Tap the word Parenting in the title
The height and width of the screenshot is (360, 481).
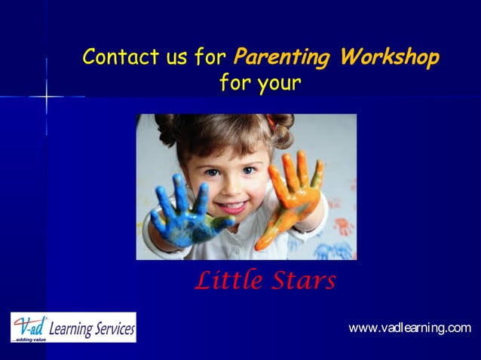click(281, 57)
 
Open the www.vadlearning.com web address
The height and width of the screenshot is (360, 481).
click(409, 328)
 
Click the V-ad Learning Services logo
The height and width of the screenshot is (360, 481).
click(73, 328)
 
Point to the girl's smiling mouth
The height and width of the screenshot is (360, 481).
click(233, 206)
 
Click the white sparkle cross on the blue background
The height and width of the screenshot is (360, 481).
click(47, 97)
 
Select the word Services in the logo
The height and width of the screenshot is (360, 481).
click(115, 328)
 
